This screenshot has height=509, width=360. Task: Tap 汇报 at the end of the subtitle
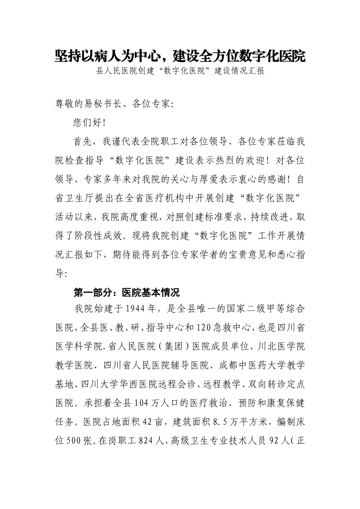pos(255,71)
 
